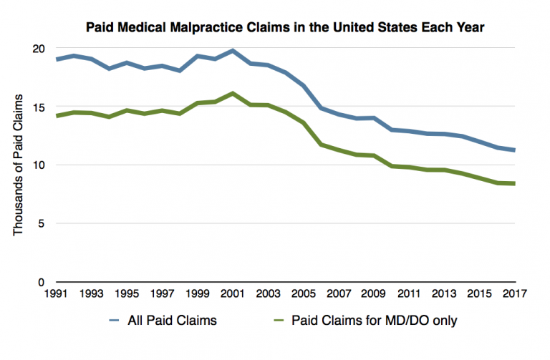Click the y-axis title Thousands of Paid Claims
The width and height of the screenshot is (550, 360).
tap(19, 165)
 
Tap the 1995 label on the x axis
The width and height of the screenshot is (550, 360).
tap(126, 295)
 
